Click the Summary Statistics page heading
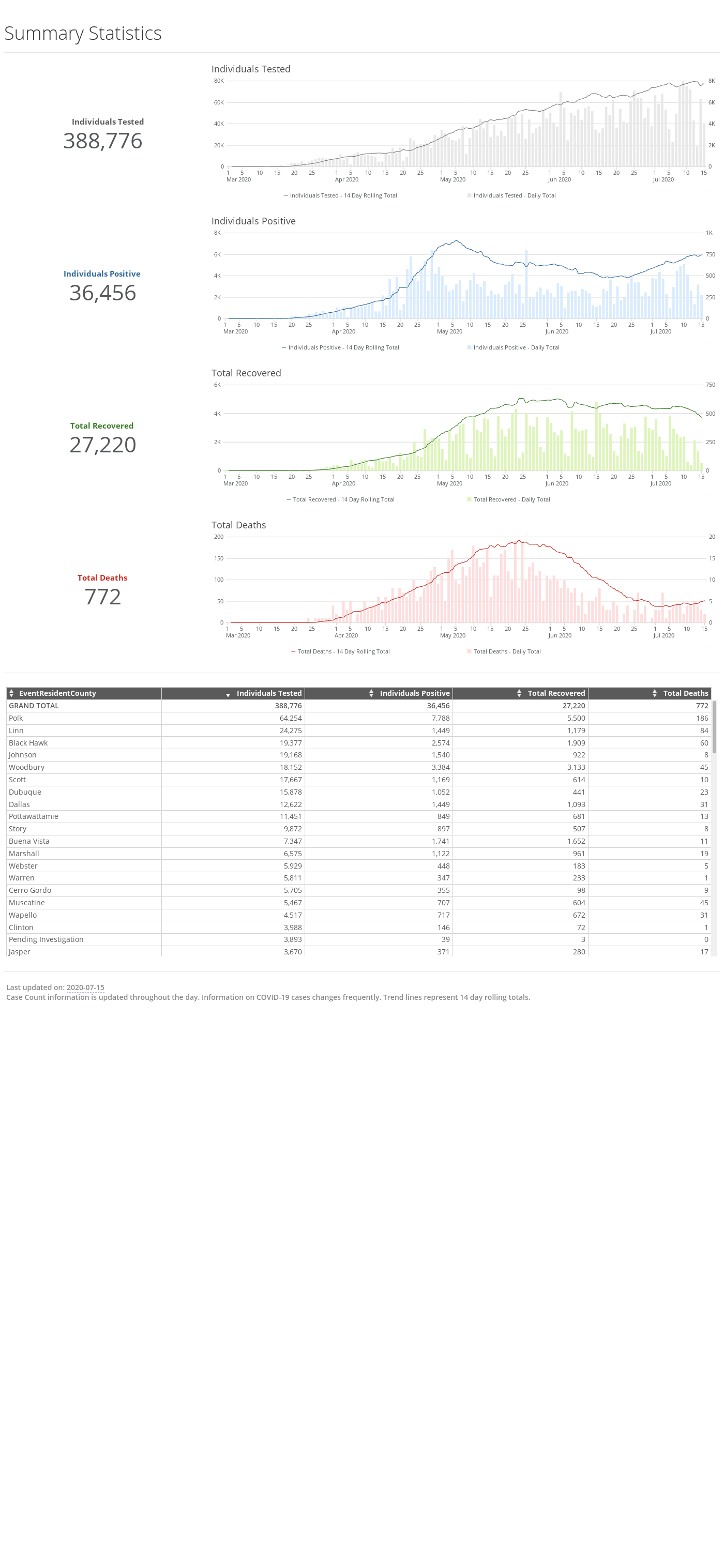(83, 33)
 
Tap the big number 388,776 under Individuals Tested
(103, 141)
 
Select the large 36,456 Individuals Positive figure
(103, 293)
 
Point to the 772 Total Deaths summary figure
(103, 597)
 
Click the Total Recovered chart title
(246, 373)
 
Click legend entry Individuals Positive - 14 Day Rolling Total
(340, 348)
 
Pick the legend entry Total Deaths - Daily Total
(504, 651)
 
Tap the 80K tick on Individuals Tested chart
(219, 81)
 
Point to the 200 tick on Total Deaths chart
(219, 537)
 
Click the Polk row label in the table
(16, 718)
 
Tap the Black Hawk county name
(28, 743)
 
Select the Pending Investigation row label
(46, 940)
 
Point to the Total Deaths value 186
(702, 718)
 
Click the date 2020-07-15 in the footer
(85, 987)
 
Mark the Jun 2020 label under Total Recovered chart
(556, 483)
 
